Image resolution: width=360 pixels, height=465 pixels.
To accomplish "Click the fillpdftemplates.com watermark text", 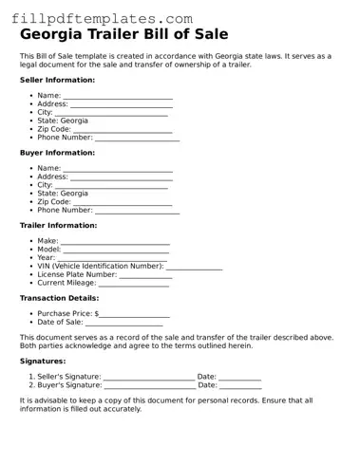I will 103,18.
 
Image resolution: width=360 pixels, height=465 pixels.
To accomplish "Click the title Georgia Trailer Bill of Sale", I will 123,35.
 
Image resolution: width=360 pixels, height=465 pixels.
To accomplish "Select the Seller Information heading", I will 57,80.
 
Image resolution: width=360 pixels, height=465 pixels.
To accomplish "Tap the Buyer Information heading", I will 57,153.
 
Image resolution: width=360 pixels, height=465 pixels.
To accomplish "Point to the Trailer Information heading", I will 58,226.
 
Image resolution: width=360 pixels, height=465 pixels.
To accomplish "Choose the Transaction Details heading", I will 59,298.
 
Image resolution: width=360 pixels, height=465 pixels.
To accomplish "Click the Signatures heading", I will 43,362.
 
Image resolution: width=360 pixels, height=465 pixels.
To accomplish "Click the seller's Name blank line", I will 118,97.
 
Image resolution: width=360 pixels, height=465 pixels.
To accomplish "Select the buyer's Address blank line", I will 122,177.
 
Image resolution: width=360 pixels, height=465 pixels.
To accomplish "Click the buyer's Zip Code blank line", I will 123,203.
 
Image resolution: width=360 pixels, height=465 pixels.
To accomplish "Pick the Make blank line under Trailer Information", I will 115,242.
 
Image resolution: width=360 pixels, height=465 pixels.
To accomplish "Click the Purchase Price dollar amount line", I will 135,315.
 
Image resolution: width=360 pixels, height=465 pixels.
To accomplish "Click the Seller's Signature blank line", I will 148,379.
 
